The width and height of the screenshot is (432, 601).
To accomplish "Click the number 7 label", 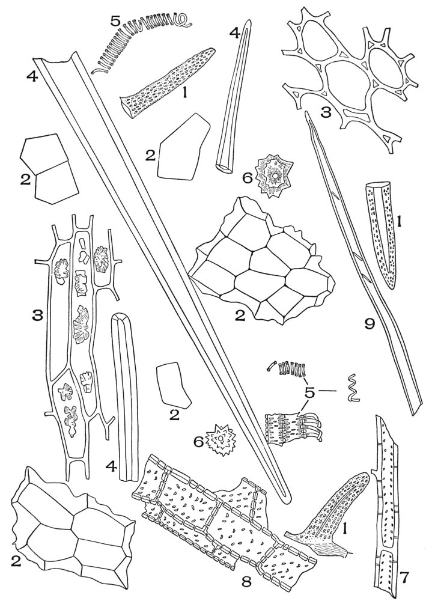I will (404, 581).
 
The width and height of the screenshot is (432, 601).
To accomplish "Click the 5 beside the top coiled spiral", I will (116, 19).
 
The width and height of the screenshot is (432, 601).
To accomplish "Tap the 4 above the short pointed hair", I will (238, 34).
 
